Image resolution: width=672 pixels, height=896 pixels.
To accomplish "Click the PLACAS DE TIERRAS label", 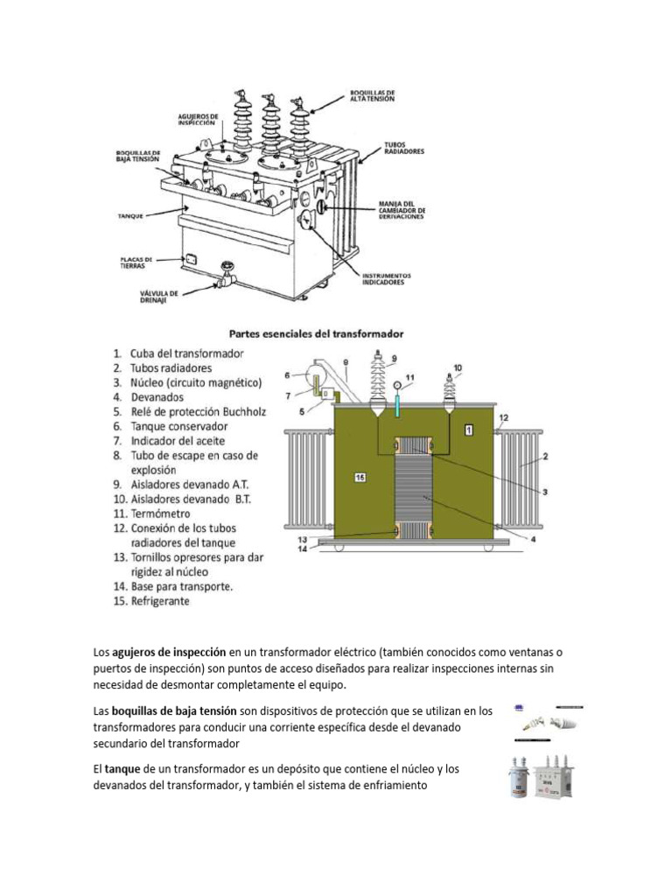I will point(137,262).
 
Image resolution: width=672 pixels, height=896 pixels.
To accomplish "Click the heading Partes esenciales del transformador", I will point(316,333).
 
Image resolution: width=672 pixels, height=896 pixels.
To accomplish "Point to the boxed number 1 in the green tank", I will point(469,429).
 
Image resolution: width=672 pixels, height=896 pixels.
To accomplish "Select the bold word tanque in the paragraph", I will point(122,767).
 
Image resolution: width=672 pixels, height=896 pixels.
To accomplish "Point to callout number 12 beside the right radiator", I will point(502,419).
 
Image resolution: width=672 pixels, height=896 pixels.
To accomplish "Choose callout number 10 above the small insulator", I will point(458,367).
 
